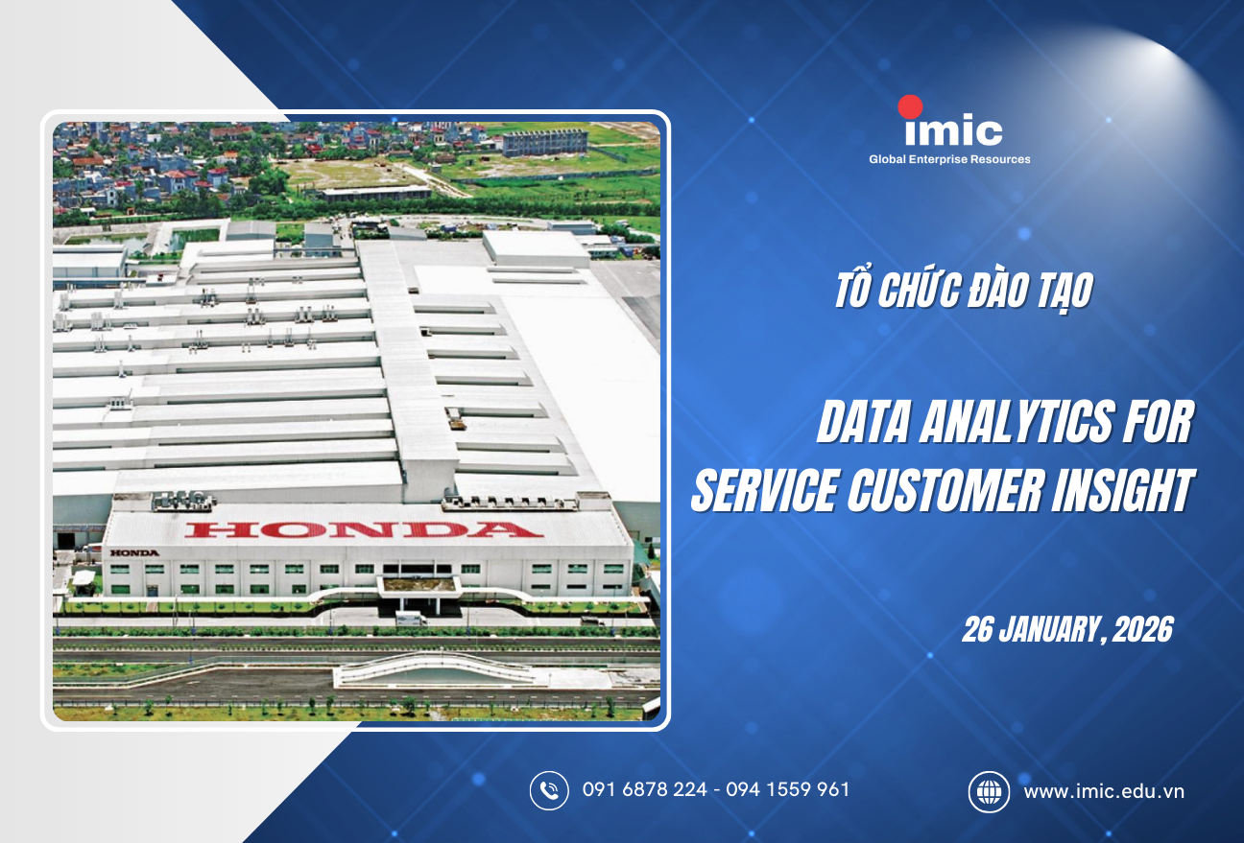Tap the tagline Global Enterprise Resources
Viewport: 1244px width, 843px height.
[x=949, y=159]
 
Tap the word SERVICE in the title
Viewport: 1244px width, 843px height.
[x=754, y=490]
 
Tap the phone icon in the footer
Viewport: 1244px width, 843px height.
[x=549, y=790]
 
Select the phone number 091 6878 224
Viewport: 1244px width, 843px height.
[x=645, y=790]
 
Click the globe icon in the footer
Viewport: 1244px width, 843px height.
[x=988, y=791]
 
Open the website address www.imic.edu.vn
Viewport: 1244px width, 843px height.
[x=1104, y=791]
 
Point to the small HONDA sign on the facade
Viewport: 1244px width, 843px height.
[x=133, y=553]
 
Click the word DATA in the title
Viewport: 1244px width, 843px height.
[x=860, y=424]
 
